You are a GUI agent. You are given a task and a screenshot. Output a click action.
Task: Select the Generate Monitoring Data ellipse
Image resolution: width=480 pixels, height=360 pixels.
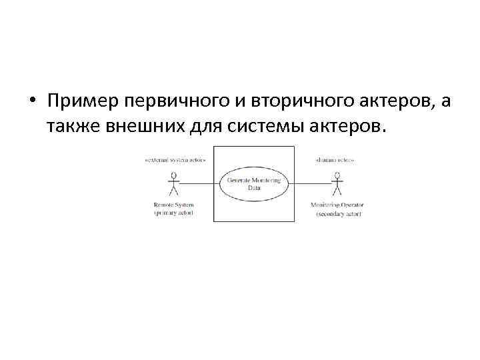pyautogui.click(x=254, y=183)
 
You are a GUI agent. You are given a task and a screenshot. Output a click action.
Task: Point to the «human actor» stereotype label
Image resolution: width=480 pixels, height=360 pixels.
pyautogui.click(x=333, y=161)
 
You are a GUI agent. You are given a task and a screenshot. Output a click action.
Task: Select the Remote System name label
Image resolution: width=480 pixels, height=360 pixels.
pyautogui.click(x=175, y=204)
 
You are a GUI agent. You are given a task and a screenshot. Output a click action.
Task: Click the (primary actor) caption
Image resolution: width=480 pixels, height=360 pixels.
pyautogui.click(x=175, y=213)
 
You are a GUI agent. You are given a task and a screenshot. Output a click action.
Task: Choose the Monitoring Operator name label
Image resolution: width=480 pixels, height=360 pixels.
pyautogui.click(x=337, y=204)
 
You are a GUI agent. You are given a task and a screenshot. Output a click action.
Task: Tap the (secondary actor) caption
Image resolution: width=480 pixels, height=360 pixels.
pyautogui.click(x=337, y=213)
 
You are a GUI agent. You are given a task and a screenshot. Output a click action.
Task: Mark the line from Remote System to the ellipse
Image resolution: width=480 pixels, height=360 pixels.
pyautogui.click(x=200, y=183)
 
